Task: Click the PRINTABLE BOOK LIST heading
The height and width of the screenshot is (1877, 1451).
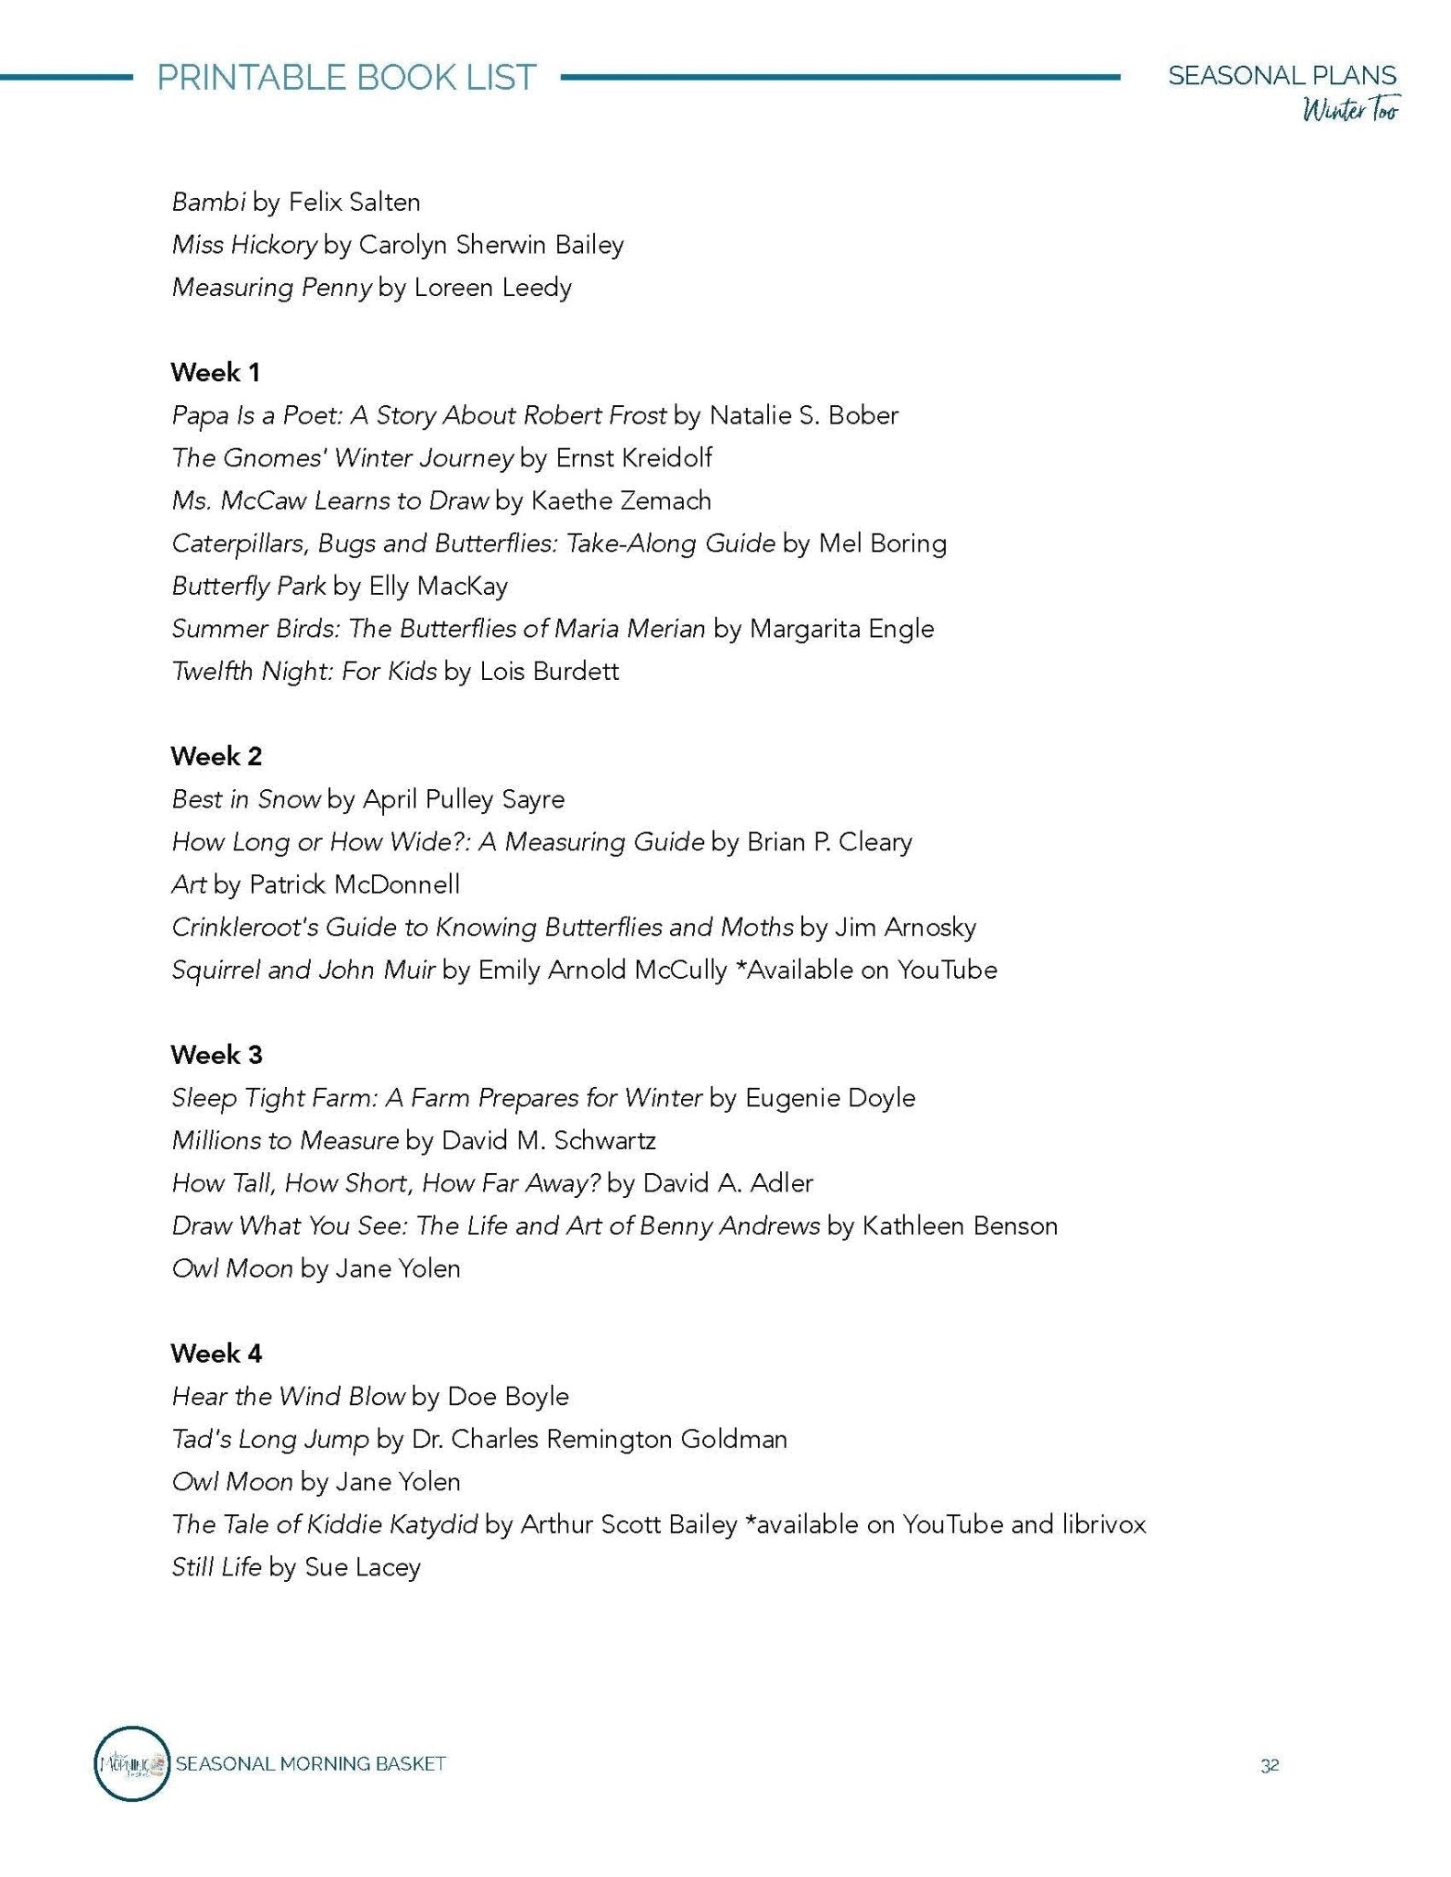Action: point(346,77)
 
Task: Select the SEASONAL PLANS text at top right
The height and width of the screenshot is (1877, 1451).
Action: point(1281,75)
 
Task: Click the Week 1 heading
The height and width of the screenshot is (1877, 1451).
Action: point(215,372)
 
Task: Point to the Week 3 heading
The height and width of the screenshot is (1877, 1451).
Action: point(216,1055)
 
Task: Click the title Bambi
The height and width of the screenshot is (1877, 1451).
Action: point(208,202)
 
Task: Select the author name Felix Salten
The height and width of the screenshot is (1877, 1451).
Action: point(354,202)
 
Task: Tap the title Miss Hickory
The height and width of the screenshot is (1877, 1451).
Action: point(244,245)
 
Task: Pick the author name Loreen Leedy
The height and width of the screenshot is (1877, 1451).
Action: point(492,288)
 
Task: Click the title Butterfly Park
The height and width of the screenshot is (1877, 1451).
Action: point(248,586)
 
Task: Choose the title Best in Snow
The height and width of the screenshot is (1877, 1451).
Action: point(246,799)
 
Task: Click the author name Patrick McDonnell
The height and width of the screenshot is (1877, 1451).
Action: point(354,884)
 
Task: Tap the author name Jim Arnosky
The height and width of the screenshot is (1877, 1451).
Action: point(905,928)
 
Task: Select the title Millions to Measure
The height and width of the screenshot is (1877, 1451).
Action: point(285,1140)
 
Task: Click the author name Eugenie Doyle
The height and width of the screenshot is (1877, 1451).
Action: point(830,1098)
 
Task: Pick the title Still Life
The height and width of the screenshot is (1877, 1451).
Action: point(216,1567)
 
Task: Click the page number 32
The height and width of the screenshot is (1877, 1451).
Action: point(1270,1765)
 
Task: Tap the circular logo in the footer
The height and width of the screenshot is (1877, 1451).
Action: point(132,1763)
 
